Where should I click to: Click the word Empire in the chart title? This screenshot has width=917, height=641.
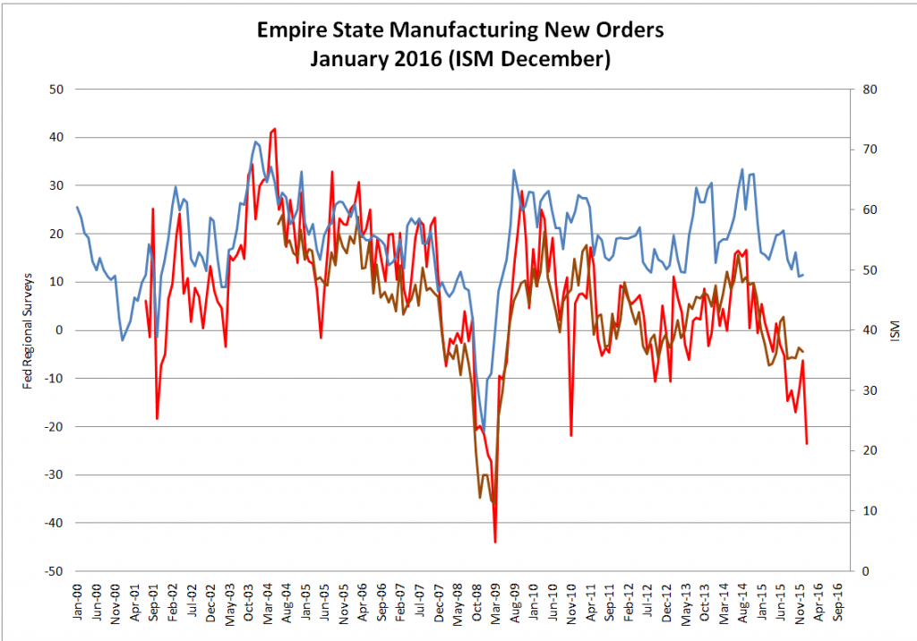tap(291, 31)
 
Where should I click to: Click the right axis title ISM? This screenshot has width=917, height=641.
tap(895, 330)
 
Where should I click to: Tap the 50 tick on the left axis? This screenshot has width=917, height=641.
tap(58, 90)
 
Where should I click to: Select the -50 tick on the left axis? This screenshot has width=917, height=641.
tap(56, 571)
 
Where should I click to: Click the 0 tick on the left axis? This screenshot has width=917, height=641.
tap(62, 330)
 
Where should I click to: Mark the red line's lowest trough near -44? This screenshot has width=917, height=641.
tap(495, 542)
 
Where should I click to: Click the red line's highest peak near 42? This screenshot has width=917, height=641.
tap(274, 129)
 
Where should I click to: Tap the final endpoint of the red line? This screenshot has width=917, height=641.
tap(807, 443)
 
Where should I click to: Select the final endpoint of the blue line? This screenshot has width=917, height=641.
tap(803, 275)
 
